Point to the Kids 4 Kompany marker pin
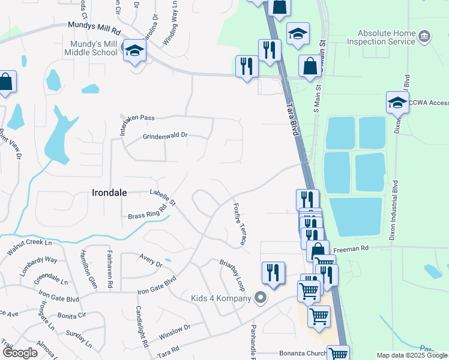tap(259, 298)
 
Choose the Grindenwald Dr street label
tap(164, 136)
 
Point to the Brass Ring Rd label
tap(147, 215)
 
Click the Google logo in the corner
tap(20, 353)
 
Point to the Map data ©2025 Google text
tap(411, 355)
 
